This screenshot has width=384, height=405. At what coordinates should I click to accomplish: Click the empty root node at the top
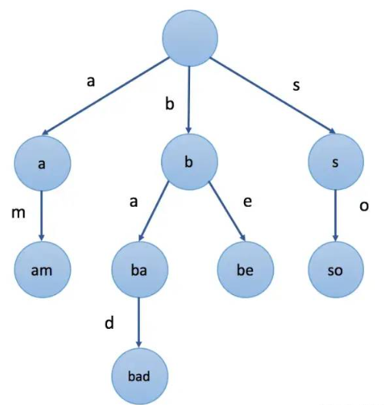click(190, 38)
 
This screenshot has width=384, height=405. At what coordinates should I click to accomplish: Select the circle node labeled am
click(42, 270)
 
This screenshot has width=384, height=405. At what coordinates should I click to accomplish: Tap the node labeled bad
click(139, 376)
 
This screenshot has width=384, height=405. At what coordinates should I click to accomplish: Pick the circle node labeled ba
click(139, 270)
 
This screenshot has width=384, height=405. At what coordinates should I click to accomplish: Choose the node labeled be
click(245, 270)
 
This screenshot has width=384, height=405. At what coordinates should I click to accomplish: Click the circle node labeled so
click(336, 270)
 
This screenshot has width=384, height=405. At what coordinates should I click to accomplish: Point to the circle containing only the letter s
click(336, 162)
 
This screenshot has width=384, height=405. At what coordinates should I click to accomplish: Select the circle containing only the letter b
click(189, 162)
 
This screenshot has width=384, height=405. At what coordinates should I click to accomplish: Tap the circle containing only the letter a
click(42, 163)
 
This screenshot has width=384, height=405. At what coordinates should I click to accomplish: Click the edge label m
click(18, 213)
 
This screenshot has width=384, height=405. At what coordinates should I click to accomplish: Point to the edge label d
click(109, 323)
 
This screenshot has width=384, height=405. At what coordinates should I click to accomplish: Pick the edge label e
click(248, 201)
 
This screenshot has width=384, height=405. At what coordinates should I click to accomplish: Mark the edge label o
click(364, 206)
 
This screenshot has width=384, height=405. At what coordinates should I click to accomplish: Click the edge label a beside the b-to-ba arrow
click(133, 201)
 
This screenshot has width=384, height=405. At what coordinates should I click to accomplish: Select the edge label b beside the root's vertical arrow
click(169, 105)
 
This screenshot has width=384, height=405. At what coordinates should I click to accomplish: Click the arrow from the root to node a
click(105, 96)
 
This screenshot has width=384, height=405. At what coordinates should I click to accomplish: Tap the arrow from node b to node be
click(227, 211)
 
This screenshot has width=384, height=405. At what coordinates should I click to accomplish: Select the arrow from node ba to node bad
click(139, 323)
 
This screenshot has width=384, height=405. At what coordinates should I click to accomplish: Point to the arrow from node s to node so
click(336, 216)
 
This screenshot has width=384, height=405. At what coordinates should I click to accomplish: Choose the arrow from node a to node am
click(42, 216)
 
